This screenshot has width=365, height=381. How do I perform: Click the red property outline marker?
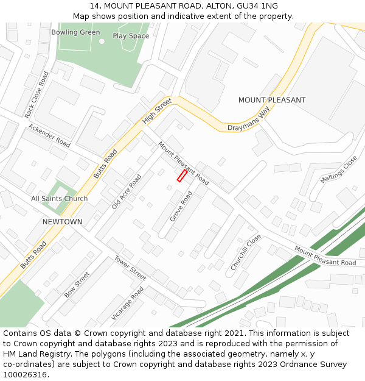(181, 176)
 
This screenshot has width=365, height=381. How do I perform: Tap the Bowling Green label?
(75, 32)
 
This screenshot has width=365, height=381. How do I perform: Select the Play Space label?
(131, 36)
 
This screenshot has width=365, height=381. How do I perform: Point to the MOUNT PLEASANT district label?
(271, 100)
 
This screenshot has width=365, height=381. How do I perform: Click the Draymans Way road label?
(248, 120)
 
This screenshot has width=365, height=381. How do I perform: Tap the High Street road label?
(157, 112)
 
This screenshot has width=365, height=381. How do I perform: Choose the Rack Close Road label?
(36, 94)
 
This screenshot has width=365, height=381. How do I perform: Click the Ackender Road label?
(49, 135)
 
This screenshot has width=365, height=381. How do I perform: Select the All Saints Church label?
(59, 199)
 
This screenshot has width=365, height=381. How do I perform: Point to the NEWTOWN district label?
(62, 222)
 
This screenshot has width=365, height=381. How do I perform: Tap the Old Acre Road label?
(126, 191)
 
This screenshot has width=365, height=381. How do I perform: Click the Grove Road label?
(181, 205)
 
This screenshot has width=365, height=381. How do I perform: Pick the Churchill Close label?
(246, 252)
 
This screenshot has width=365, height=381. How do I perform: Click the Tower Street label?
(130, 268)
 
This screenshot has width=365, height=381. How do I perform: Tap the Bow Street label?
(77, 284)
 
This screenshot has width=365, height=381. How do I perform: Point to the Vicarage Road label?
(127, 303)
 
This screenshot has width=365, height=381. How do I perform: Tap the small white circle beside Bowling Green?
(102, 41)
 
